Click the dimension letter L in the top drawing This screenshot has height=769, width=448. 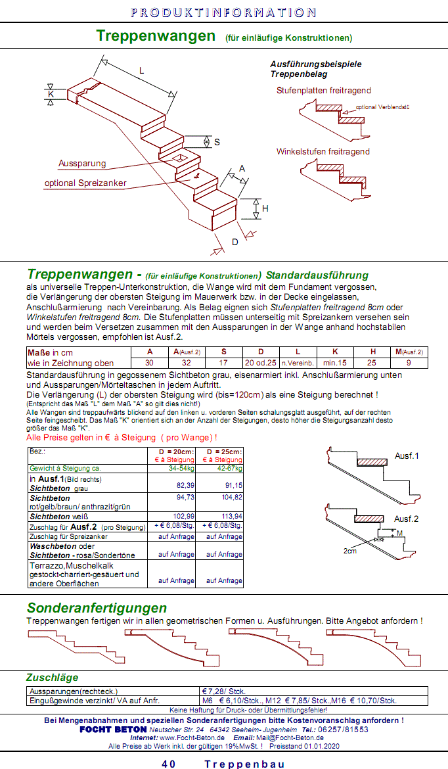coord(141,70)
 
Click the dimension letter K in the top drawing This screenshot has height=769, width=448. coord(51,95)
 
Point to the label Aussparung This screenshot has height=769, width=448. coord(81,164)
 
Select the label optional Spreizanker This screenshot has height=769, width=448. coord(85,183)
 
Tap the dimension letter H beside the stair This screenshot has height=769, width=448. coord(265,208)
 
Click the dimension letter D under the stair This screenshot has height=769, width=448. coord(235,243)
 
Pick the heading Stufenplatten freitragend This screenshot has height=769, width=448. coord(323,91)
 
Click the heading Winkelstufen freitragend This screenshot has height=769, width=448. coord(323,152)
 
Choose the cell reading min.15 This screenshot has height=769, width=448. coord(335,363)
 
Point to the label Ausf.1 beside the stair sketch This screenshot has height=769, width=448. coord(407,455)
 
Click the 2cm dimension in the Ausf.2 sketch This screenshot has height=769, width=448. coord(350,551)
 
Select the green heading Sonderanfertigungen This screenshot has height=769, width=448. coord(97,607)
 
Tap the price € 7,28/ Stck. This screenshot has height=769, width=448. coord(223,691)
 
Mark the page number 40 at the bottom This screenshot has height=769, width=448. coord(169,763)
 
